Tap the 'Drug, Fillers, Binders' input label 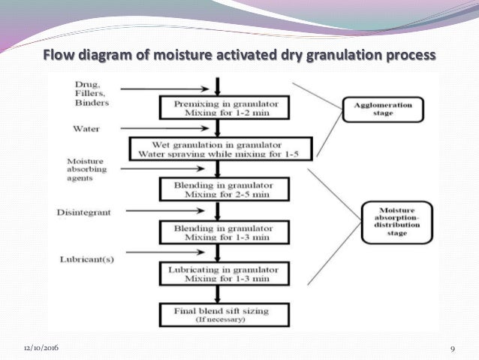tap(91, 91)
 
